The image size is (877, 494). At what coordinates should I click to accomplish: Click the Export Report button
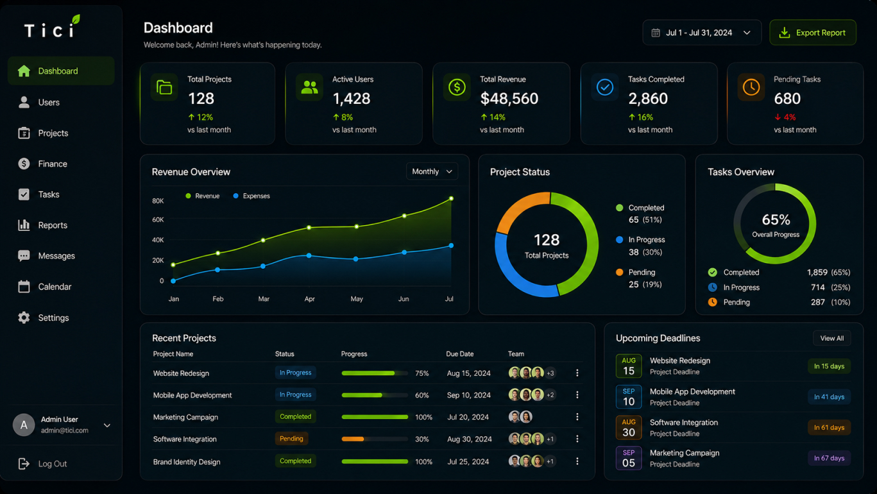point(812,33)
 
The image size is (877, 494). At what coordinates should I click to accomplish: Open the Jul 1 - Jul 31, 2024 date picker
point(702,33)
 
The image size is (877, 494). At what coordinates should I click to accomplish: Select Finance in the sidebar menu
point(53,164)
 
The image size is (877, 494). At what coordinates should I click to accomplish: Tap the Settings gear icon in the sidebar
point(24,318)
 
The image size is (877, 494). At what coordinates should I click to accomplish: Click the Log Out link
point(53,463)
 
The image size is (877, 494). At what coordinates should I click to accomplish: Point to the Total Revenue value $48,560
point(509,98)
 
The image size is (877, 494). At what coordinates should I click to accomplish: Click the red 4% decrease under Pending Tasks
point(785,117)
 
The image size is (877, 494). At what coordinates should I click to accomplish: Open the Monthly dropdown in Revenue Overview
point(432,171)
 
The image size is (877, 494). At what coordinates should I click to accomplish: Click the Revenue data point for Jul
point(451,198)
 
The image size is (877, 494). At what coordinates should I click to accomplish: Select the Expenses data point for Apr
point(309,255)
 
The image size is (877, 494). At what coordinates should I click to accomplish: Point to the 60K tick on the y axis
point(158,219)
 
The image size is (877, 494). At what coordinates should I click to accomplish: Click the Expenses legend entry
point(251,196)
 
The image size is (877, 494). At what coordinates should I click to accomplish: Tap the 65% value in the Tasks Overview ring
point(776,219)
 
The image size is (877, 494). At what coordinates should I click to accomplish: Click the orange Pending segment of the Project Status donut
point(518,209)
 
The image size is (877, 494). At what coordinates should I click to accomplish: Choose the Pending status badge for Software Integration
point(291,439)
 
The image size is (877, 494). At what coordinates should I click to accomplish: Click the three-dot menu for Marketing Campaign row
point(577,417)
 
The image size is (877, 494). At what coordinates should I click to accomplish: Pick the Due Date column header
point(459,354)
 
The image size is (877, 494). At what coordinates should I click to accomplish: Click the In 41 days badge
point(830,397)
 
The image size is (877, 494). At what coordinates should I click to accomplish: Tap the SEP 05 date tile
point(628,458)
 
